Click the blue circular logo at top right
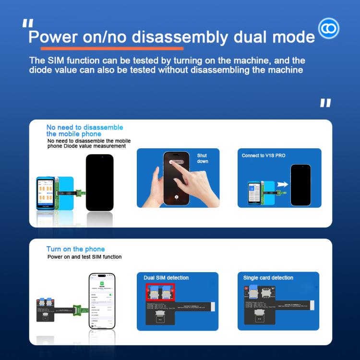329,28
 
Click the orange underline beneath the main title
111,48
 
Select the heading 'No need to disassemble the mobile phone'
84,131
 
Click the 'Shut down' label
203,158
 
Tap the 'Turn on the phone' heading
75,249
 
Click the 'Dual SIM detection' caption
166,277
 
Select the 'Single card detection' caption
268,277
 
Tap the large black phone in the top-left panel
99,182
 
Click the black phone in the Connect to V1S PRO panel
300,185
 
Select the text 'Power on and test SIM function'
84,257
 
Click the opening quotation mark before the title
28,24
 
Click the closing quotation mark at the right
325,103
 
